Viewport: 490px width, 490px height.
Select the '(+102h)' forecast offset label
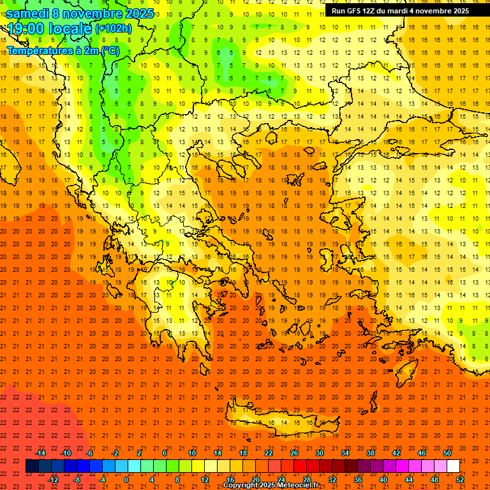point(113,28)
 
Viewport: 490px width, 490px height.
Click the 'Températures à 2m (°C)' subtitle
point(63,50)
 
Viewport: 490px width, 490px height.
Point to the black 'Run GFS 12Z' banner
point(400,11)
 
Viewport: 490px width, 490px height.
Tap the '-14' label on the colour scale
point(40,453)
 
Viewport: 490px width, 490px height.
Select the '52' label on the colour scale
point(461,480)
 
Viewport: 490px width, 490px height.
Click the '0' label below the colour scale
point(126,480)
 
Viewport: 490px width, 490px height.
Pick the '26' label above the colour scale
point(294,453)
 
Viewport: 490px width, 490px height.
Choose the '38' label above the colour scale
point(371,453)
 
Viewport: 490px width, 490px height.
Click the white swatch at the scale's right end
point(453,466)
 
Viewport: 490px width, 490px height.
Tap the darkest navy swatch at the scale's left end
point(33,466)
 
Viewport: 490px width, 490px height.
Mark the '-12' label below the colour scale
point(53,480)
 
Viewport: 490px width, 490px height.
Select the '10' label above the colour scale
point(192,453)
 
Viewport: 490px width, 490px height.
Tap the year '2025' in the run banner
point(457,11)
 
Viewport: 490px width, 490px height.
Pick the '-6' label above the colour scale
point(90,453)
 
